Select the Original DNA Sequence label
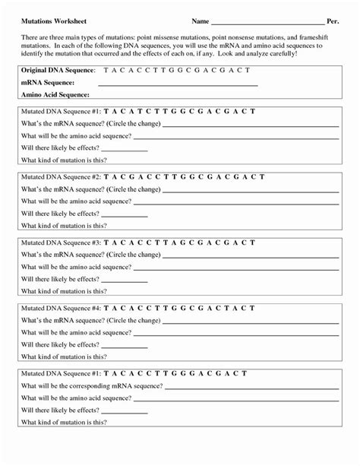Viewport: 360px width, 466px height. [58, 70]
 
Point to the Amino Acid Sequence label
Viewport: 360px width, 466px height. [55, 95]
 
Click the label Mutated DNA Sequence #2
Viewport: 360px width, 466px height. [60, 176]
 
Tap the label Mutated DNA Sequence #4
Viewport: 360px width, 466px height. [60, 309]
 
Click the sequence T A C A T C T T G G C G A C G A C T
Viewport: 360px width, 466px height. [179, 111]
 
